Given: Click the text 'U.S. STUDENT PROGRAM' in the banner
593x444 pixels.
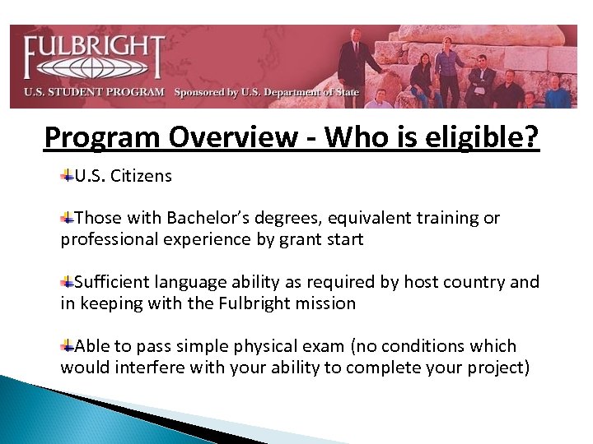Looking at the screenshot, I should point(94,92).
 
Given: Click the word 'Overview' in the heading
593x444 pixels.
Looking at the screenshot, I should point(213,136).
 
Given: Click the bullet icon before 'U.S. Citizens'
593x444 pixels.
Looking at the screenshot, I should point(68,175).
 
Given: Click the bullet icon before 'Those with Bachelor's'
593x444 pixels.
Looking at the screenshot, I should point(68,218).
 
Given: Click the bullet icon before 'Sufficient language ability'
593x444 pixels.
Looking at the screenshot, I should point(68,282).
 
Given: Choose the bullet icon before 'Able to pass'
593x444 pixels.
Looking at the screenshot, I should point(68,346).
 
